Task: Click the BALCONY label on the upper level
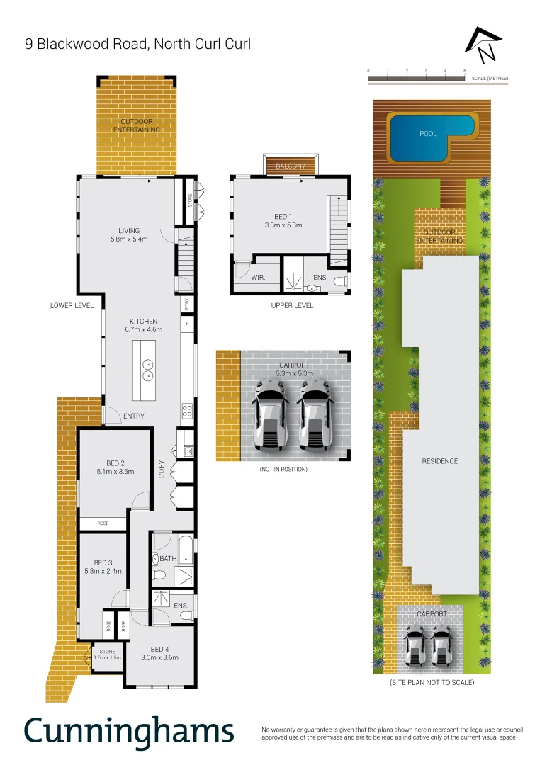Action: (x=291, y=166)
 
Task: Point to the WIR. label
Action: (x=258, y=278)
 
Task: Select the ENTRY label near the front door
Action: (x=134, y=416)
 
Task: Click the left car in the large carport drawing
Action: (x=270, y=416)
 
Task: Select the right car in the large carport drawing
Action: (x=315, y=416)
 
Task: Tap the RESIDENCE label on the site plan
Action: (x=440, y=461)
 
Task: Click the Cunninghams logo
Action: (x=129, y=730)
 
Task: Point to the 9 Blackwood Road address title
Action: (x=138, y=44)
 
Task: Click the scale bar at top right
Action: (x=416, y=78)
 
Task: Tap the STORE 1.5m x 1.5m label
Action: (x=107, y=654)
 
